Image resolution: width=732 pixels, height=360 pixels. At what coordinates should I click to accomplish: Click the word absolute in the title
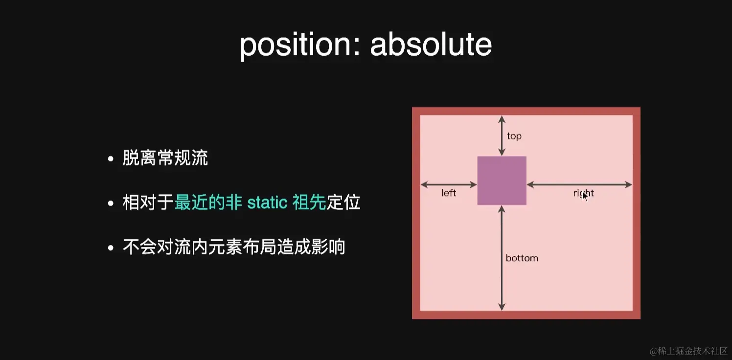click(431, 45)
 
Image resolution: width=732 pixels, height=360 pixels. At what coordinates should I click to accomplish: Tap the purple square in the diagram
click(502, 180)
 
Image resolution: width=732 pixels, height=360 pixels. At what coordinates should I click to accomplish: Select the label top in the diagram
click(514, 136)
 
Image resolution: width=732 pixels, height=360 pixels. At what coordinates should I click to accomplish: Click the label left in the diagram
click(449, 193)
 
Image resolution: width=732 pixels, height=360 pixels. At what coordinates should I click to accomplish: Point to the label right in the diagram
click(583, 193)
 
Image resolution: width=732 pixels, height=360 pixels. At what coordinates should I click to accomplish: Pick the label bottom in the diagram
click(522, 258)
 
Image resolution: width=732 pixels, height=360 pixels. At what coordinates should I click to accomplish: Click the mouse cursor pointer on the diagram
click(585, 196)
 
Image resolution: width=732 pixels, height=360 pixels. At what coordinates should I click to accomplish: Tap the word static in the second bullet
click(267, 202)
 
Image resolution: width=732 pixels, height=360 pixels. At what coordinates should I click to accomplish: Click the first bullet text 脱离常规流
click(165, 158)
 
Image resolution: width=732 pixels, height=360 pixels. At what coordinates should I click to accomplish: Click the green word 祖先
click(309, 202)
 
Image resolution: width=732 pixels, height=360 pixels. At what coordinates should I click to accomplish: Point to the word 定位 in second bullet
click(343, 202)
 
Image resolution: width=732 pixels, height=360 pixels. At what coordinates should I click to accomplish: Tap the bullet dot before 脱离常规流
click(111, 159)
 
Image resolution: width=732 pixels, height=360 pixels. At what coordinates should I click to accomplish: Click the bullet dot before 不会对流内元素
click(111, 247)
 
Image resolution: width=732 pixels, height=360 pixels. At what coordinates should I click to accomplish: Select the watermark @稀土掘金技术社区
click(688, 351)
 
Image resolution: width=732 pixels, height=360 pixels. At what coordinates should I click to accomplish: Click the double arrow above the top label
click(501, 135)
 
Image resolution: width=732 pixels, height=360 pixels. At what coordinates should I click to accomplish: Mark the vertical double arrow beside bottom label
click(501, 258)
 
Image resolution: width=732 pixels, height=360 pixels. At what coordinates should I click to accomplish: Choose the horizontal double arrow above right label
click(579, 184)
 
